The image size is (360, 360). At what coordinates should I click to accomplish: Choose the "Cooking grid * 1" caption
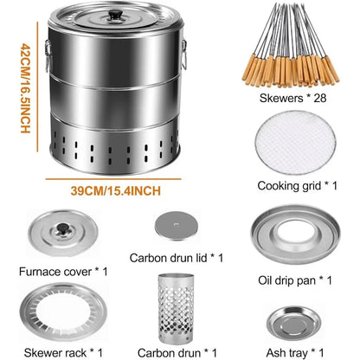[x=297, y=185]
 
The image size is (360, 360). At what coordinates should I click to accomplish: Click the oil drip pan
[x=298, y=233]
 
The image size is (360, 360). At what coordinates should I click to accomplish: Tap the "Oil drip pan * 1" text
[x=297, y=278]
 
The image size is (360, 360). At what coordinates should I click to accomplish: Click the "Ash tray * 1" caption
[x=297, y=351]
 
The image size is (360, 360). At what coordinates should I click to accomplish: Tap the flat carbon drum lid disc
[x=177, y=227]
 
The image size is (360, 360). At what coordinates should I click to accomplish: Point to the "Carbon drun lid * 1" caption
[x=177, y=257]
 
